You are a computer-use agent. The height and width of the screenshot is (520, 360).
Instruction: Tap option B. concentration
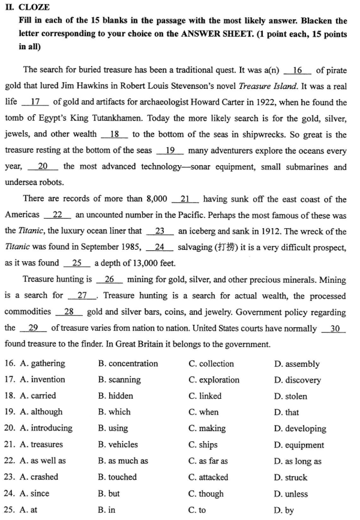128,364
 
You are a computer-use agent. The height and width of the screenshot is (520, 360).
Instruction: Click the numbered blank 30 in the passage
334,328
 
